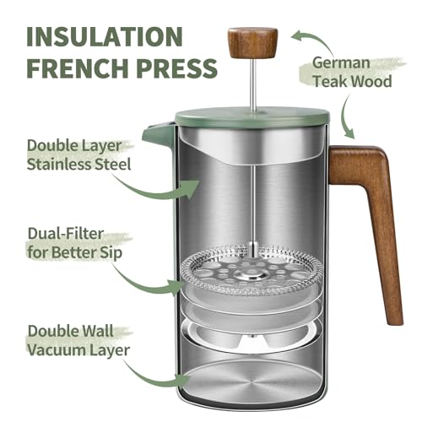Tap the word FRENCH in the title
(70, 68)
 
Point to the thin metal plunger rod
(252, 186)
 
